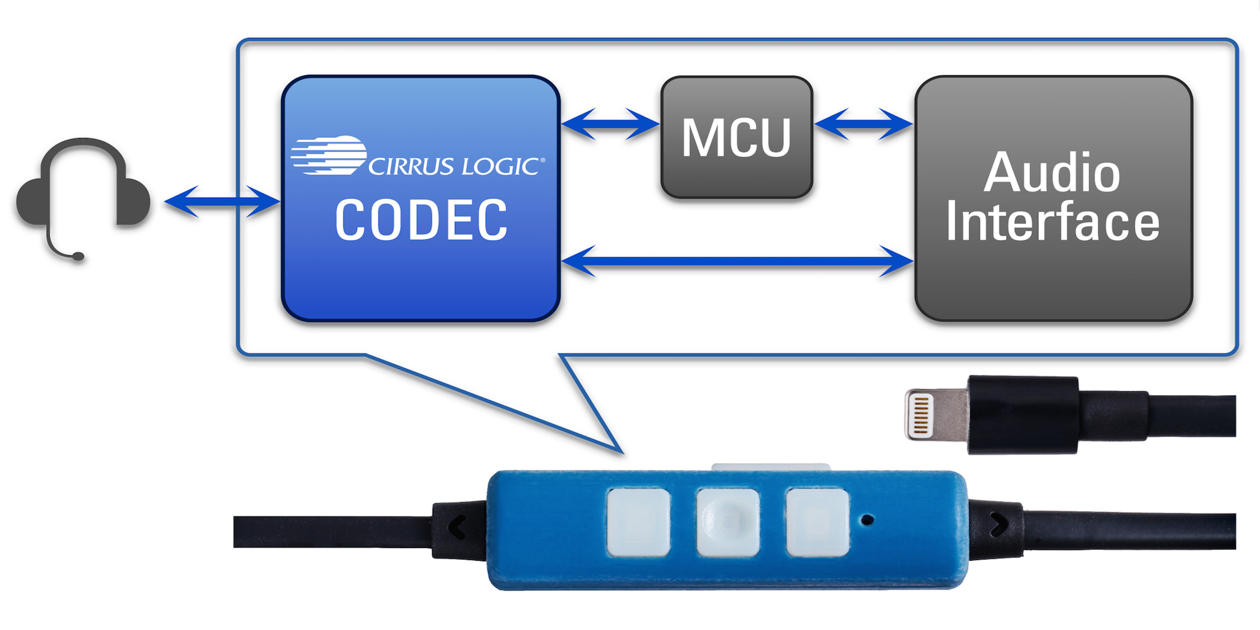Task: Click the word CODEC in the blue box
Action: pyautogui.click(x=421, y=220)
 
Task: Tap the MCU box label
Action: pyautogui.click(x=736, y=138)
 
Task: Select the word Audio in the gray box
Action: pyautogui.click(x=1052, y=173)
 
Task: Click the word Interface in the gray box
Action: pyautogui.click(x=1052, y=222)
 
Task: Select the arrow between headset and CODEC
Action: pyautogui.click(x=222, y=202)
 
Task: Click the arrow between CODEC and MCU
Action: pyautogui.click(x=610, y=123)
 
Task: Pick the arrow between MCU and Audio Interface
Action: pyautogui.click(x=863, y=123)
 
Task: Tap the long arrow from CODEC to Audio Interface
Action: pyautogui.click(x=737, y=261)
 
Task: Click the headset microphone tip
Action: pyautogui.click(x=77, y=256)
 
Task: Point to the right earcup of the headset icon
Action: pyautogui.click(x=132, y=202)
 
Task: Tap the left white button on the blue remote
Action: pyautogui.click(x=638, y=522)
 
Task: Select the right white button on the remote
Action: pyautogui.click(x=817, y=522)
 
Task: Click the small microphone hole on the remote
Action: pyautogui.click(x=868, y=520)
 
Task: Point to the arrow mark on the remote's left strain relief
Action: pyautogui.click(x=457, y=527)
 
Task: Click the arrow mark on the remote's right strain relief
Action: pyautogui.click(x=999, y=524)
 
